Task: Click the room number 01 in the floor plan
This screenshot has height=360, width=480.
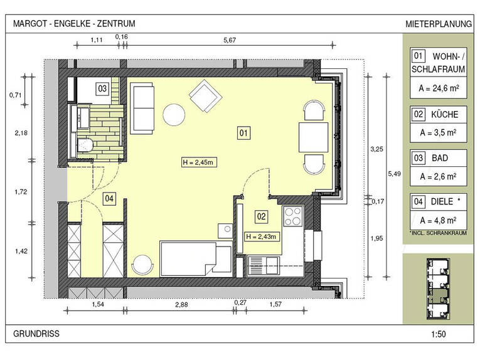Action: tap(243, 133)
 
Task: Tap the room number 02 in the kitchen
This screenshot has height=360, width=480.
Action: tap(261, 217)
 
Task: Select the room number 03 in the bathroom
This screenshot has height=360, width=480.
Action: tap(102, 88)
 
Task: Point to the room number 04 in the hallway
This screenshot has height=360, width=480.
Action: tap(109, 199)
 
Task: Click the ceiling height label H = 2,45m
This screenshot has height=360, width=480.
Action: tap(199, 162)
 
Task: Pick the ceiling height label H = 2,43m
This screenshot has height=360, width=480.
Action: tap(262, 236)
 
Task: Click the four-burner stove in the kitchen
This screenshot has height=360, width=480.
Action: tap(293, 216)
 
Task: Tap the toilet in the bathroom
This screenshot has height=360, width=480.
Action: tap(85, 146)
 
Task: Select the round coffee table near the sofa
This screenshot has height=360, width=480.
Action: tap(174, 115)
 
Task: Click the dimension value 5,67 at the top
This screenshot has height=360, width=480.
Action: tap(230, 40)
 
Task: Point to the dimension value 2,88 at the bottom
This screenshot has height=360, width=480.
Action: tap(181, 305)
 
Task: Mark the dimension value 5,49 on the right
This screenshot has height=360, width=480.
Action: tap(394, 174)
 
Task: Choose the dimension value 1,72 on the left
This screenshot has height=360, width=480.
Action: tap(21, 192)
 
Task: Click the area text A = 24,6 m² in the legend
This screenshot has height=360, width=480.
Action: tap(439, 88)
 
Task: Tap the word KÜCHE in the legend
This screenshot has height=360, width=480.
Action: tap(444, 114)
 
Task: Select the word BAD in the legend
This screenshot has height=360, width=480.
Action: tap(440, 158)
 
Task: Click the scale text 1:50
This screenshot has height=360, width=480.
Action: tap(439, 334)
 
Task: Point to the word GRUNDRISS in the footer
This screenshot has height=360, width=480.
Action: tap(36, 334)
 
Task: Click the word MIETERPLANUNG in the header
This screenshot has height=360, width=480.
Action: tap(439, 24)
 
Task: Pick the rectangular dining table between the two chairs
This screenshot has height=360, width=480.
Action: tap(314, 137)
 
